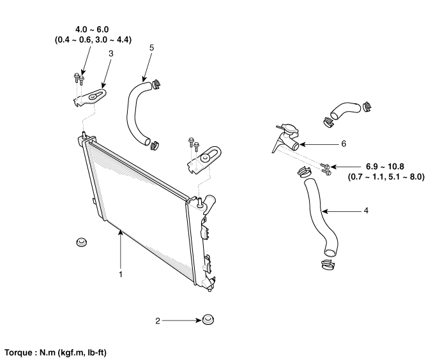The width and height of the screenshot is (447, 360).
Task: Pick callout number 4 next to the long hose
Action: coord(365,209)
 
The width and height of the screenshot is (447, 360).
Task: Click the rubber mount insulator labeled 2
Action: coord(208,319)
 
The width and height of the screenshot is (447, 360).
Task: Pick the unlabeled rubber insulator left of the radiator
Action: coord(81,243)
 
